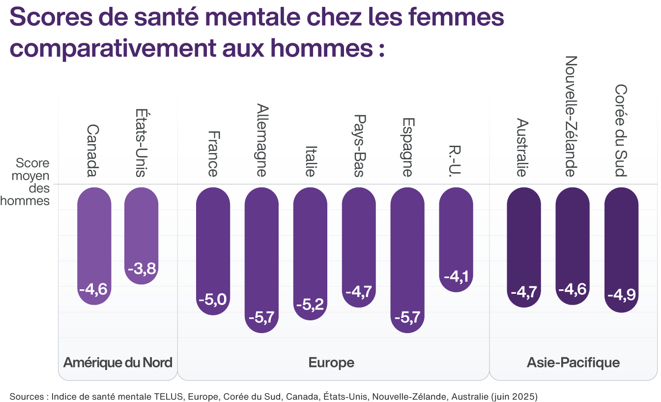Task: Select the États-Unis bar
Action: [141, 234]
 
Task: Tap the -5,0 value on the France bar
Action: [213, 299]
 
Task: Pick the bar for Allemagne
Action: [261, 258]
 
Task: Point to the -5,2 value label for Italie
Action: [310, 305]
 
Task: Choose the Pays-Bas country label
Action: [359, 146]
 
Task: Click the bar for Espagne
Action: [407, 258]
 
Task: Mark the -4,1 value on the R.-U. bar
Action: [456, 276]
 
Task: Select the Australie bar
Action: [524, 246]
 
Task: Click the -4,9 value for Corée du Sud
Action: [621, 295]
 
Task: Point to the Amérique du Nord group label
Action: [118, 363]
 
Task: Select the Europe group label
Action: [331, 363]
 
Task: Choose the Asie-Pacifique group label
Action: [573, 363]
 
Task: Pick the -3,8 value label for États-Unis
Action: [141, 269]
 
